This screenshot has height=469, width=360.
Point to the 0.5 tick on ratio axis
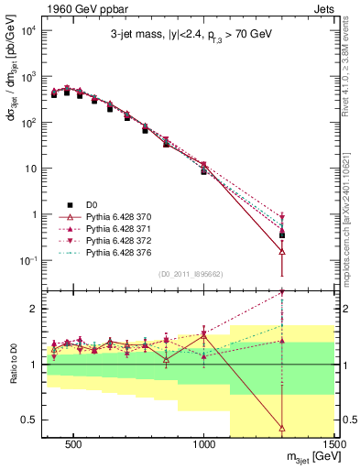[x=28, y=420]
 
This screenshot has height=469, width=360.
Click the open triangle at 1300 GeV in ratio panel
[x=282, y=427]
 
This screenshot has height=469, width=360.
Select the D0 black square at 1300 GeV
[x=282, y=234]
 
